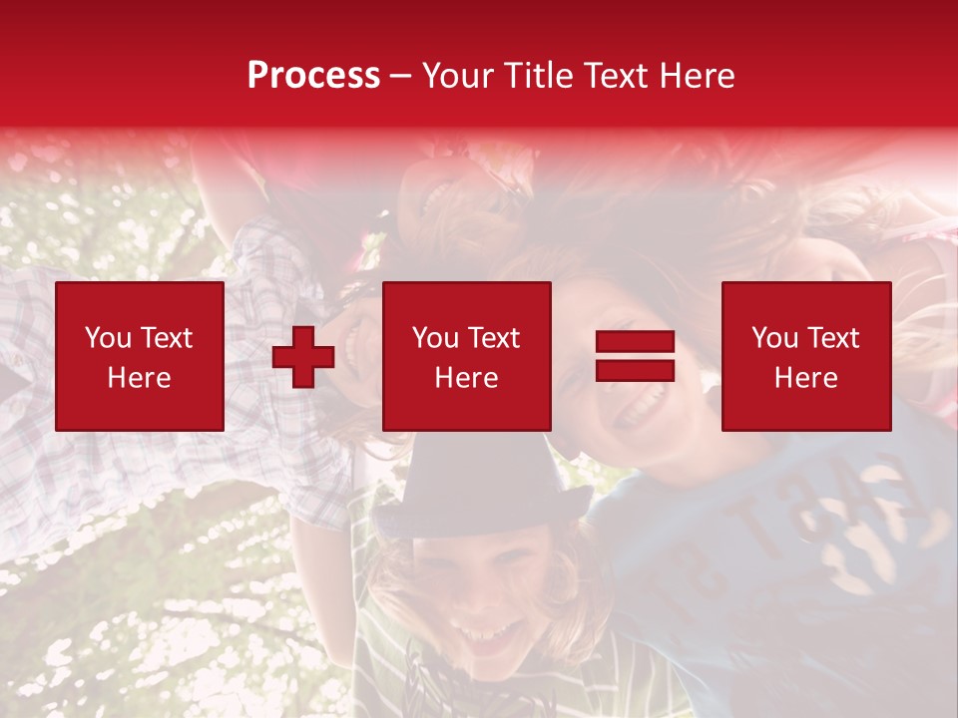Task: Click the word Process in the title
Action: click(x=313, y=76)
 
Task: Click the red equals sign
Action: click(x=635, y=357)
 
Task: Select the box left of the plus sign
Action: click(x=140, y=356)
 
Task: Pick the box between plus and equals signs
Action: click(x=466, y=356)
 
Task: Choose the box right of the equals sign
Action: click(x=805, y=356)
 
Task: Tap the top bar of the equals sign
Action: click(x=635, y=343)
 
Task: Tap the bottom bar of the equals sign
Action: click(x=635, y=371)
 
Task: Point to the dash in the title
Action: click(x=400, y=76)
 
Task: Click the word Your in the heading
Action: click(x=458, y=76)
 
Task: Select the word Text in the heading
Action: click(x=614, y=76)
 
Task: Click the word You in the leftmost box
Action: click(x=108, y=338)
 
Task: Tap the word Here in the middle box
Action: click(x=466, y=378)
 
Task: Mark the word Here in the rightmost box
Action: click(x=805, y=378)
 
